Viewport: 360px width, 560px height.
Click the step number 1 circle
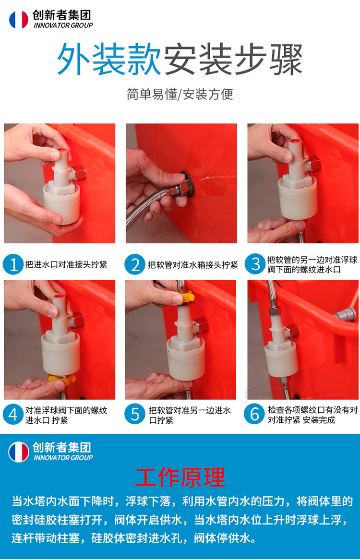13,265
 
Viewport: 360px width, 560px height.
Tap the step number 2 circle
135,265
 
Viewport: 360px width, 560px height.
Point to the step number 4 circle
13,414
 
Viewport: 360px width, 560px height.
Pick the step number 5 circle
135,414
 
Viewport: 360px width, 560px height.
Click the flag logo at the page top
19,19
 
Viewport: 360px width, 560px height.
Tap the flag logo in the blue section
19,452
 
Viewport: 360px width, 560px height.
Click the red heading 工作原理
180,478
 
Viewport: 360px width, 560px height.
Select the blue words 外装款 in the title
109,59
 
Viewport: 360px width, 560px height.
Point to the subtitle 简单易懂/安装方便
180,94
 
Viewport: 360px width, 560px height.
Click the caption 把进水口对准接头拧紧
66,264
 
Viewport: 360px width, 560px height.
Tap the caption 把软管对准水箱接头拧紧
193,265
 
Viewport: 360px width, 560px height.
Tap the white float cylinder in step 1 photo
62,203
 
